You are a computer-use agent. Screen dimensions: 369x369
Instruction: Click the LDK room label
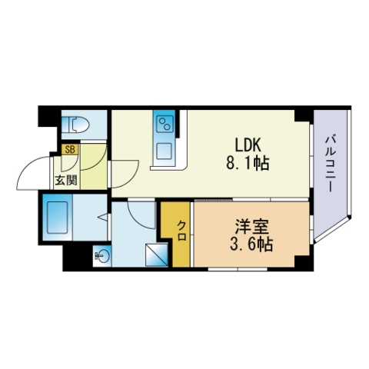(x=248, y=145)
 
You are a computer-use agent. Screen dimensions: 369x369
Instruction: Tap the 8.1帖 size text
(x=248, y=163)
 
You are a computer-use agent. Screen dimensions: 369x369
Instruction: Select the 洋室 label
(x=252, y=227)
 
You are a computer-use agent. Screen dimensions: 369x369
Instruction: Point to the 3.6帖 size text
(x=251, y=244)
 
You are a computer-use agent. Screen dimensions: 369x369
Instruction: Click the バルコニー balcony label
(x=331, y=165)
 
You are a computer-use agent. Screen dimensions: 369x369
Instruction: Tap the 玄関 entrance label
(x=66, y=181)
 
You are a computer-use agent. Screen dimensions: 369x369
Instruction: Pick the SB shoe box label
(x=70, y=150)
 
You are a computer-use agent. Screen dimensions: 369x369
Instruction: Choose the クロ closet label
(x=181, y=231)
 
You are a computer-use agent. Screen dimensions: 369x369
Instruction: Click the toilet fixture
(x=76, y=125)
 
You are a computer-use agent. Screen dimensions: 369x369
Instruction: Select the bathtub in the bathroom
(x=58, y=218)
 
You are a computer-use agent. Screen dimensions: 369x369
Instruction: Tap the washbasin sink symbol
(x=102, y=255)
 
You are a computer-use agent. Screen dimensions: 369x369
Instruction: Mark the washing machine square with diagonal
(x=156, y=254)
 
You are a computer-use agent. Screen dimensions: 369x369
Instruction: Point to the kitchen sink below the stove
(x=164, y=151)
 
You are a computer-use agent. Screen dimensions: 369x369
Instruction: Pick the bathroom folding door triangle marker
(x=103, y=217)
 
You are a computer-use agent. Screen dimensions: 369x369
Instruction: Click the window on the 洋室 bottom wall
(x=238, y=269)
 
